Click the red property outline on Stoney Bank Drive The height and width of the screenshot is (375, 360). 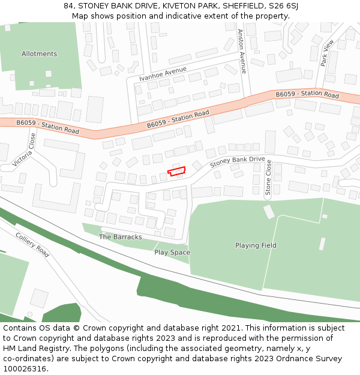(176, 172)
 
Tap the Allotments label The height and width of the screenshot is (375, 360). (39, 54)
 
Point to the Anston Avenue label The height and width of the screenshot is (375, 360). (242, 52)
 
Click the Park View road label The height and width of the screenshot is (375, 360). (326, 52)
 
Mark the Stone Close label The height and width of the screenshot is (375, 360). (269, 177)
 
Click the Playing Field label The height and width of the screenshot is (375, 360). (256, 245)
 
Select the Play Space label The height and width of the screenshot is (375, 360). (172, 253)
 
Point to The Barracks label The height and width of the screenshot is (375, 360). (120, 237)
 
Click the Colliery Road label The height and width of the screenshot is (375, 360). (32, 245)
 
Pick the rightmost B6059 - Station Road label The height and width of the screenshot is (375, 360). (307, 94)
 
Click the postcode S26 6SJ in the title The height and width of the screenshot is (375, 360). (283, 5)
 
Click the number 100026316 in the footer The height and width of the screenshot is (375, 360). (26, 368)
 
